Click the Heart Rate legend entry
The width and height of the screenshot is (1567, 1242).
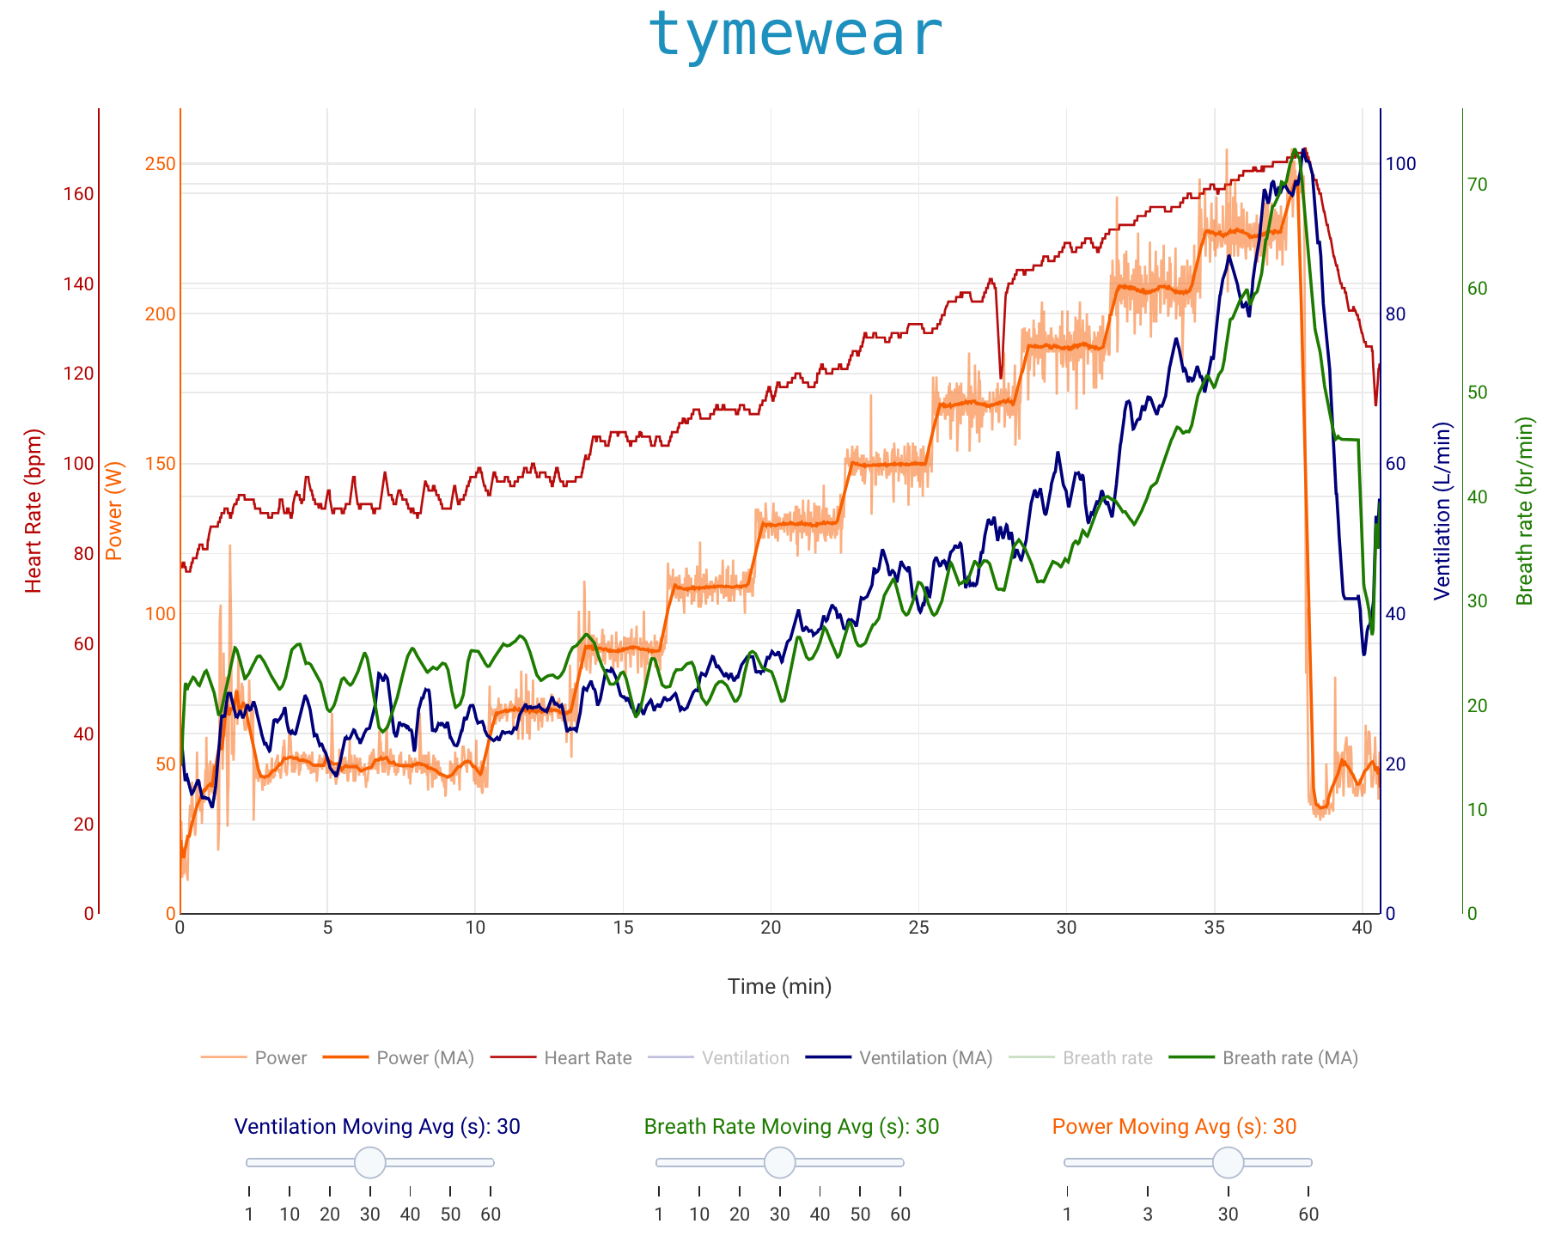(588, 1058)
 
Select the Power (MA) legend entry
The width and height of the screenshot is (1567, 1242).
(425, 1058)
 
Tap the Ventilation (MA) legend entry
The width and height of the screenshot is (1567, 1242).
(925, 1058)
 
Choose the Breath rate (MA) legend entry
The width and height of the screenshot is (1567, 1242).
(1290, 1058)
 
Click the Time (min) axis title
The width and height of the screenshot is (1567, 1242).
(779, 986)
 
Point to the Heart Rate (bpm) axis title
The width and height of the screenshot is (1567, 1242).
(34, 511)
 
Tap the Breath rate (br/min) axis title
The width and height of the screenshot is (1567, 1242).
(1525, 511)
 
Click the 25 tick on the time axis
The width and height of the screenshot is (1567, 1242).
(918, 928)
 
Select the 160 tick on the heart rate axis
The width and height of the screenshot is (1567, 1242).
(78, 194)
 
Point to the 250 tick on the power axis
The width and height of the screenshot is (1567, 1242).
(160, 164)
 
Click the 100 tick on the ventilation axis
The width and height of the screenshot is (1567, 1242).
(1401, 164)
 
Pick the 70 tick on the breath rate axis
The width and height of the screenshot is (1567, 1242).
(1478, 185)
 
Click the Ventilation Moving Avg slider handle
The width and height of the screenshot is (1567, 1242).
(370, 1162)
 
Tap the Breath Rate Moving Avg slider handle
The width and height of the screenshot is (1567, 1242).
(780, 1162)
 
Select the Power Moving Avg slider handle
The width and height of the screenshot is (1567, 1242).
(1229, 1162)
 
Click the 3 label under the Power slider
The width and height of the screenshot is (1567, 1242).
(1148, 1215)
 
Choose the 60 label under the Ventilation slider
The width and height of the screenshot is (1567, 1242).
(491, 1215)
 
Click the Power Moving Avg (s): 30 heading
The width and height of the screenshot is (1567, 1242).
(1174, 1127)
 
